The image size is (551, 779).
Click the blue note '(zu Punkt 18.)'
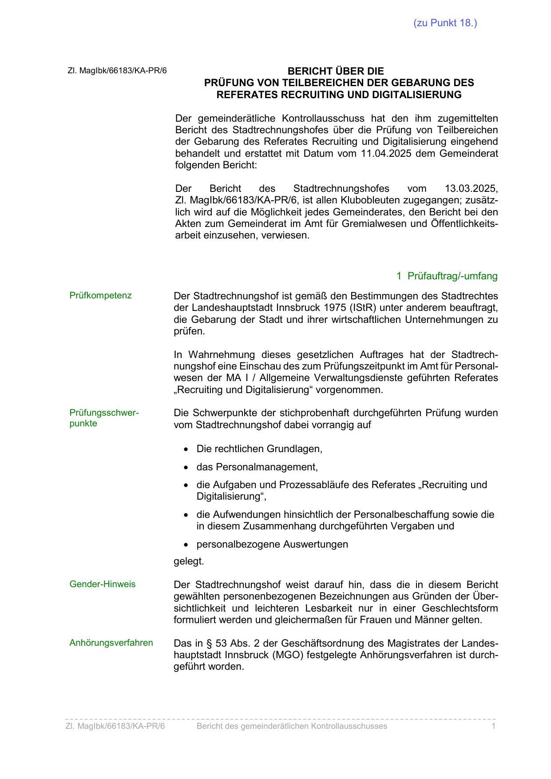pos(445,23)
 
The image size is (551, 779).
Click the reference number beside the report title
pos(117,71)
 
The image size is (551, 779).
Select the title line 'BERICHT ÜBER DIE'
pos(336,71)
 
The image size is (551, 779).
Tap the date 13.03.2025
pos(471,188)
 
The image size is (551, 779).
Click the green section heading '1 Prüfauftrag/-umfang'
pos(447,276)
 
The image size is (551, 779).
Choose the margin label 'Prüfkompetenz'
pos(100,296)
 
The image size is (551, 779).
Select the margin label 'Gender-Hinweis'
pos(103,584)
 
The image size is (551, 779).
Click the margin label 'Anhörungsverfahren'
pos(111,643)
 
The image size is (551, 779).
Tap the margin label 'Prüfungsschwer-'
pos(104,413)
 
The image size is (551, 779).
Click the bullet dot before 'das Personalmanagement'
pos(186,468)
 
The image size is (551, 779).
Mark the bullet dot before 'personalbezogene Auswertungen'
pos(186,545)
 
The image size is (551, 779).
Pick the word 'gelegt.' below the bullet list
pos(189,561)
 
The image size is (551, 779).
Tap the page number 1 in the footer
pos(493,726)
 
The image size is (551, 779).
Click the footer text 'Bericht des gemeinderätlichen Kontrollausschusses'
pos(292,726)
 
